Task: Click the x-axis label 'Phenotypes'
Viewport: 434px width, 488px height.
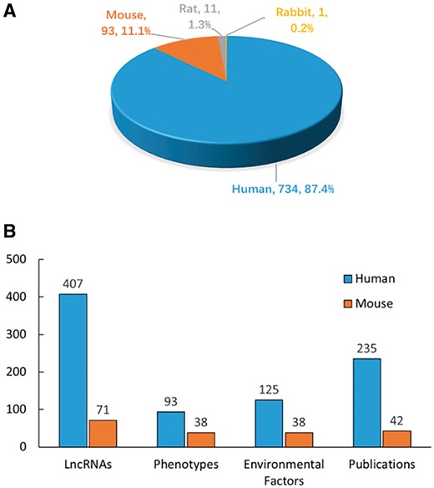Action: [x=184, y=464]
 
